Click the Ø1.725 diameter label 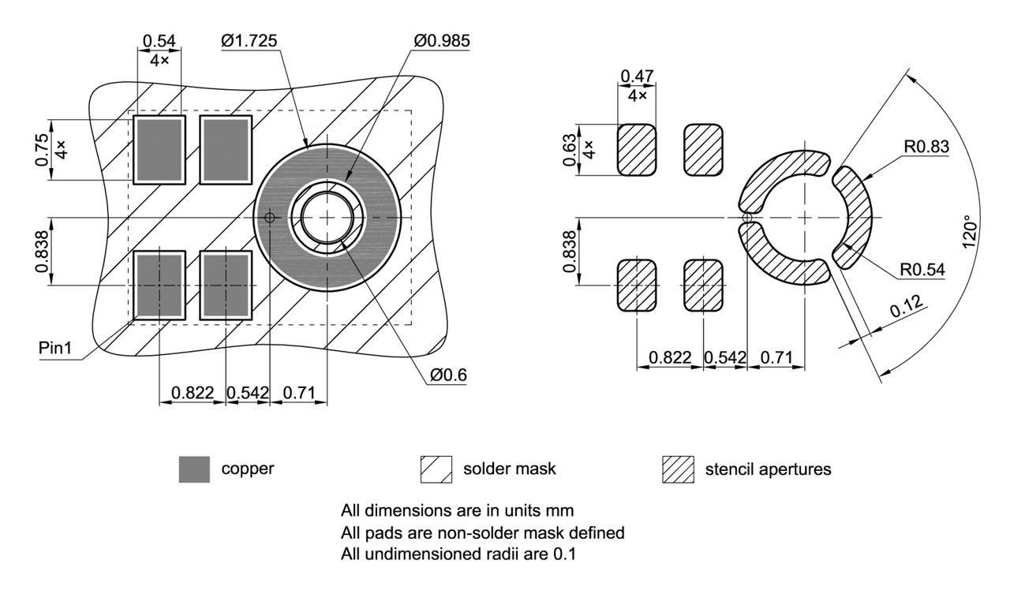click(x=249, y=41)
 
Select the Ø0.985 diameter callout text click(x=440, y=41)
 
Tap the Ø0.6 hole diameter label click(x=448, y=376)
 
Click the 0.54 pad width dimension click(x=159, y=41)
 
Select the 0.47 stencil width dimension click(x=637, y=77)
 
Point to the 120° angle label click(x=973, y=229)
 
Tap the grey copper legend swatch click(x=194, y=469)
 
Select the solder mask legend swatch click(x=436, y=469)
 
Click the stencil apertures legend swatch click(x=677, y=469)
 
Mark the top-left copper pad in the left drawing click(x=159, y=150)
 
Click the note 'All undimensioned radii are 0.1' click(x=458, y=555)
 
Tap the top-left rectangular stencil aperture click(x=637, y=150)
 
